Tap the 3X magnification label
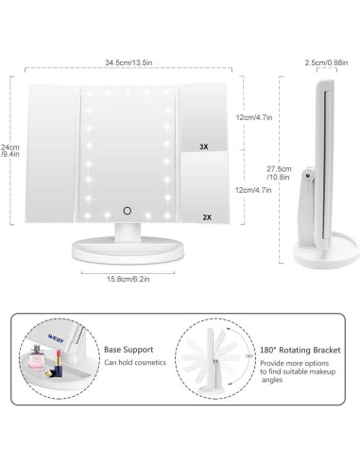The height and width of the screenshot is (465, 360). (205, 147)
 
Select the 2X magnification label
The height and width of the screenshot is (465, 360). (205, 215)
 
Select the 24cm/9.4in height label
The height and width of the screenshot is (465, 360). (11, 153)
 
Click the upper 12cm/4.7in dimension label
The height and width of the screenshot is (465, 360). (254, 116)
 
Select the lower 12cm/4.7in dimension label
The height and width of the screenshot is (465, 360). (254, 189)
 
